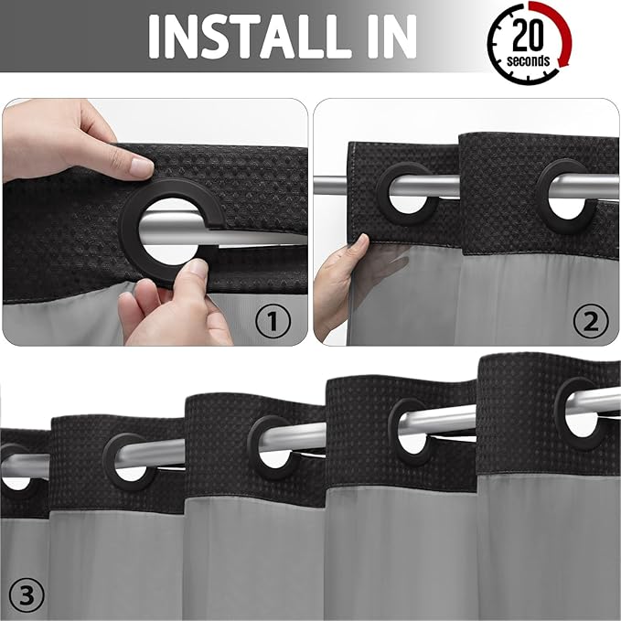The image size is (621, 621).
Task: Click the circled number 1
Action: (273, 320)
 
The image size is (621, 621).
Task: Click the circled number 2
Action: (591, 320)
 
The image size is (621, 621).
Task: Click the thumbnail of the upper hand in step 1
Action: (140, 167)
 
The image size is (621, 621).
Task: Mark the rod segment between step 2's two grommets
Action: (489, 187)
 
